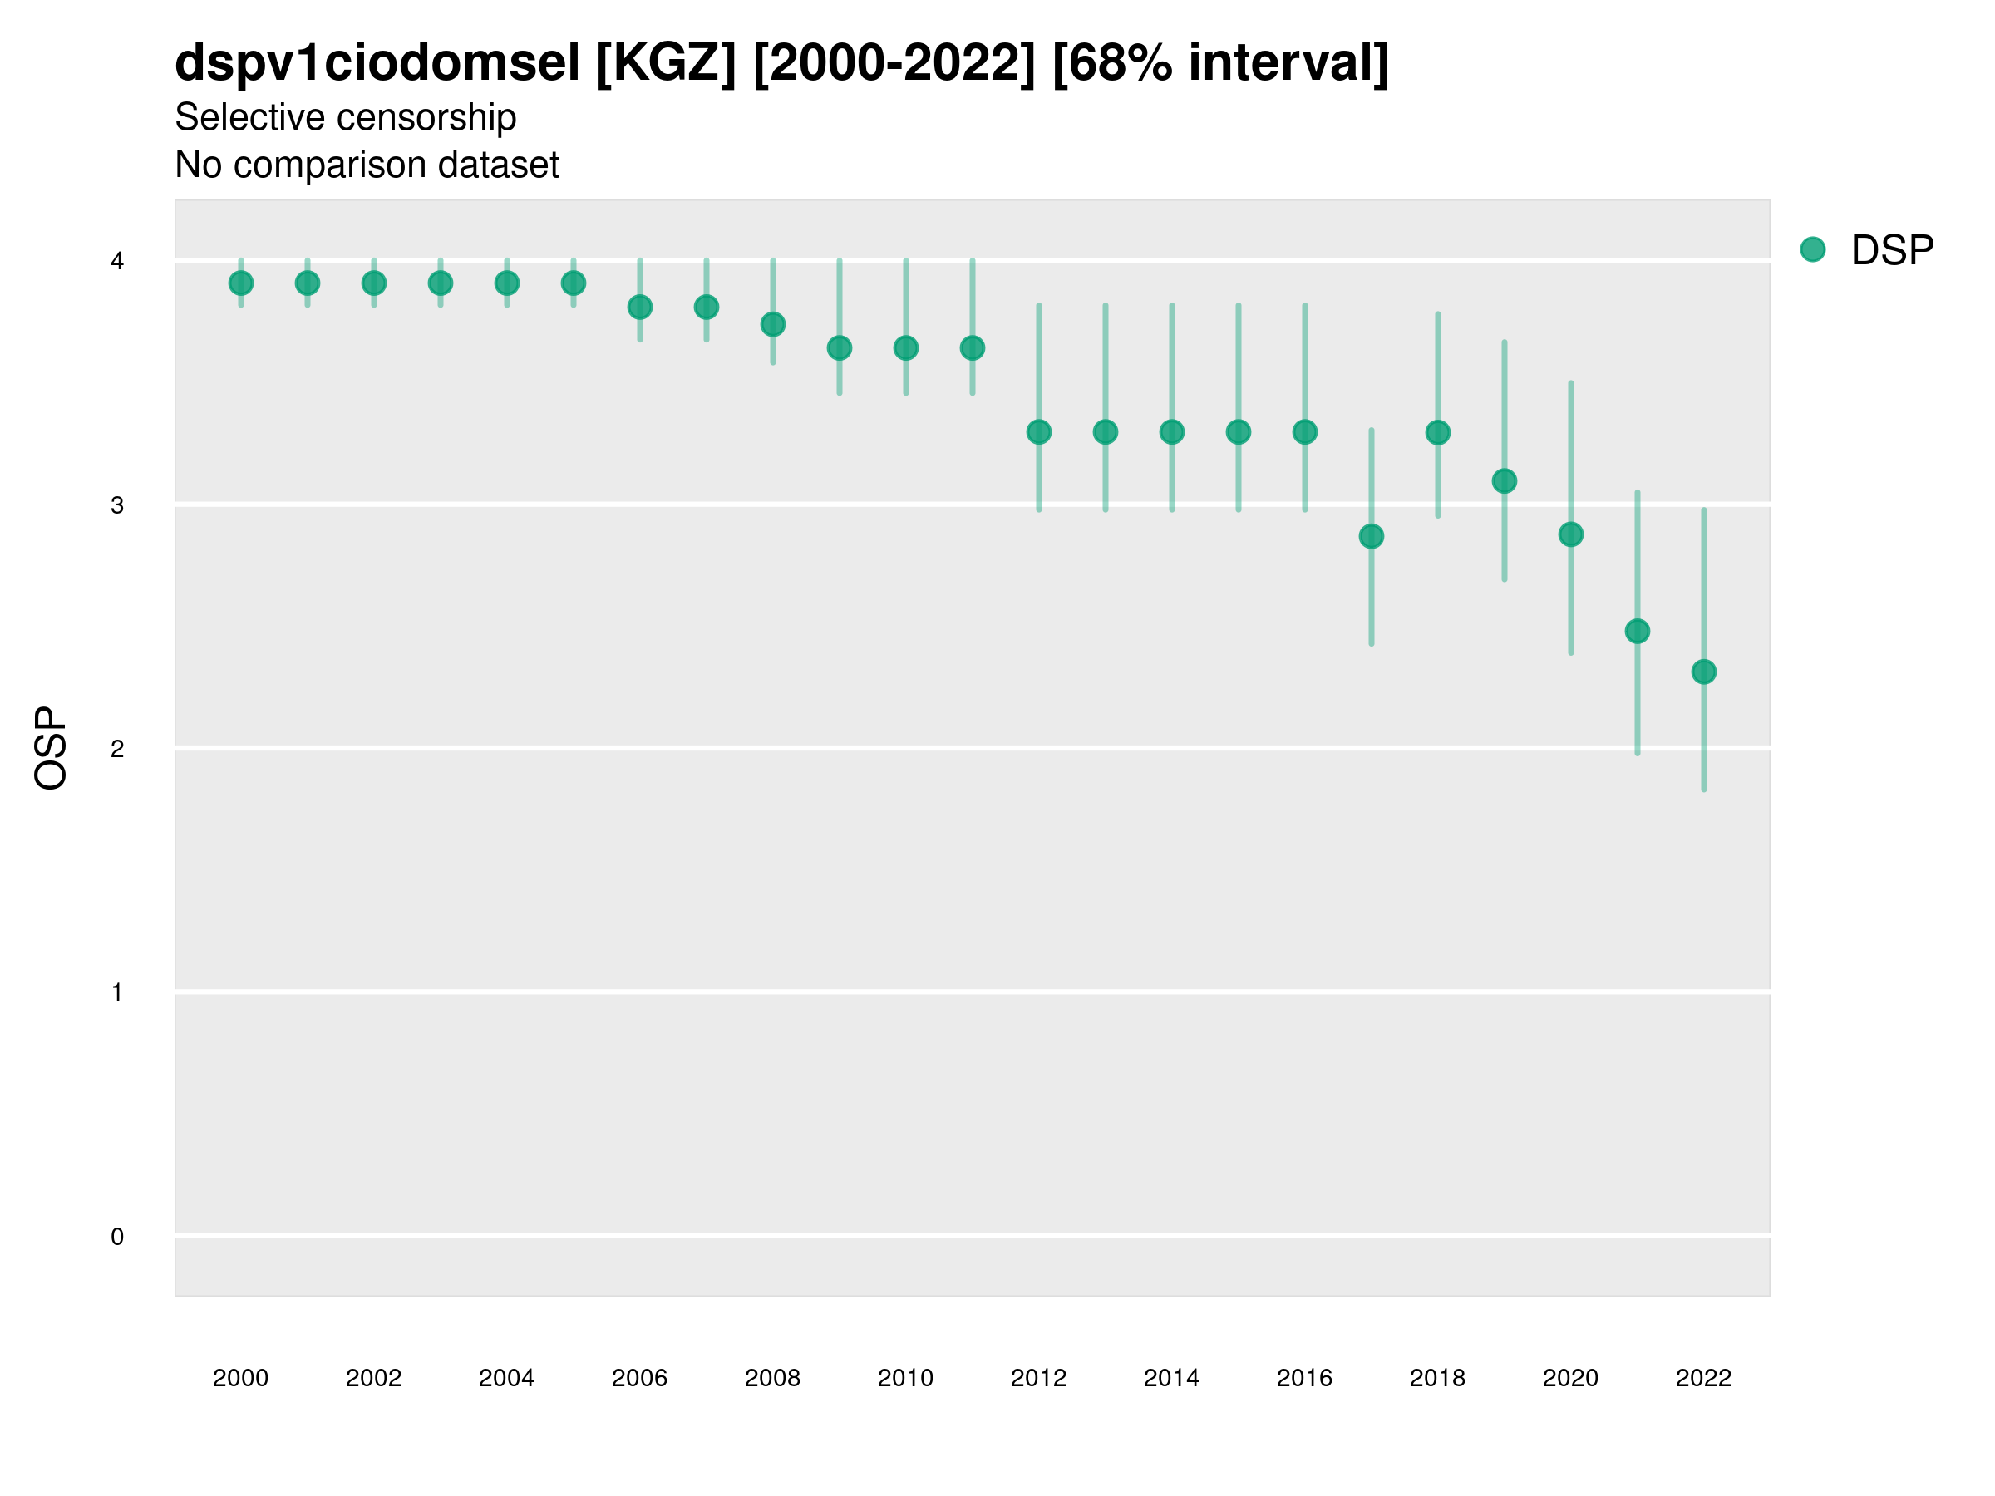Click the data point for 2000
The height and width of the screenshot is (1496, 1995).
(x=241, y=283)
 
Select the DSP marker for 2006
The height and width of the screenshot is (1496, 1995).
(x=639, y=308)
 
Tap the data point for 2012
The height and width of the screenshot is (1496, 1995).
(x=1039, y=432)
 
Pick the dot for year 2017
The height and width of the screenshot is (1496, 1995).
(x=1371, y=537)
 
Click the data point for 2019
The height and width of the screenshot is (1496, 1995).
(x=1505, y=481)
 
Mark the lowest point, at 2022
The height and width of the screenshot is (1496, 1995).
(x=1704, y=672)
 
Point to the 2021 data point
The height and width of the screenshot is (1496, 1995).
(x=1637, y=631)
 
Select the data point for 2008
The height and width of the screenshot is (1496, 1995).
(x=773, y=325)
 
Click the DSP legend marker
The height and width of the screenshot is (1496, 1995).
(x=1813, y=250)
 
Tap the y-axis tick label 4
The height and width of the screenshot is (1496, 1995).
(x=117, y=262)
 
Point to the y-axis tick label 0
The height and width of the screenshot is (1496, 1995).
(x=117, y=1238)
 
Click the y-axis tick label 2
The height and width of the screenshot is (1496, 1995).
(x=117, y=750)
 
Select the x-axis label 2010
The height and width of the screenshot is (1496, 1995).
(x=905, y=1379)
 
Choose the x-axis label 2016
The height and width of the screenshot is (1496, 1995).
(x=1304, y=1379)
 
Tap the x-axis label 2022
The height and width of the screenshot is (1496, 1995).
(x=1704, y=1379)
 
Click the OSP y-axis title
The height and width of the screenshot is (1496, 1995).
(x=51, y=749)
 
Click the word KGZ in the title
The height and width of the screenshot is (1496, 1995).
(x=667, y=63)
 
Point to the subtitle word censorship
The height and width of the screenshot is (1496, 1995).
(x=423, y=117)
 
